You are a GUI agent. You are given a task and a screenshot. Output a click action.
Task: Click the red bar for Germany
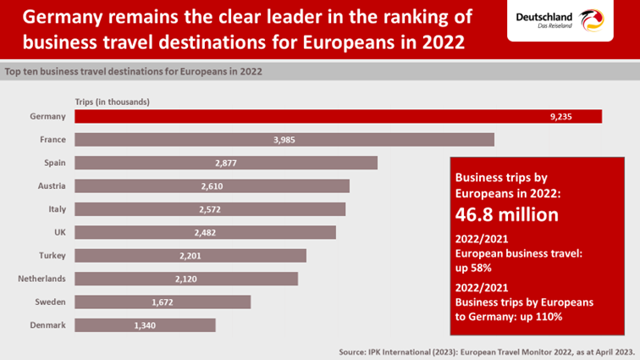tap(339, 116)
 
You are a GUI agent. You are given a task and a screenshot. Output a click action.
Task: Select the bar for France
tap(284, 139)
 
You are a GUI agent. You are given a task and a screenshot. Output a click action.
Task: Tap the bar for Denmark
tap(146, 325)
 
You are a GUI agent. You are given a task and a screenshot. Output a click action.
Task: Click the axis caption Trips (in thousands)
tap(113, 102)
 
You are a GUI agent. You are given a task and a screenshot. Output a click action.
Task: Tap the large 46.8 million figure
tap(507, 215)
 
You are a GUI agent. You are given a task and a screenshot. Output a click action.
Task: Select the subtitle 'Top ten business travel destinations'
tap(133, 72)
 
